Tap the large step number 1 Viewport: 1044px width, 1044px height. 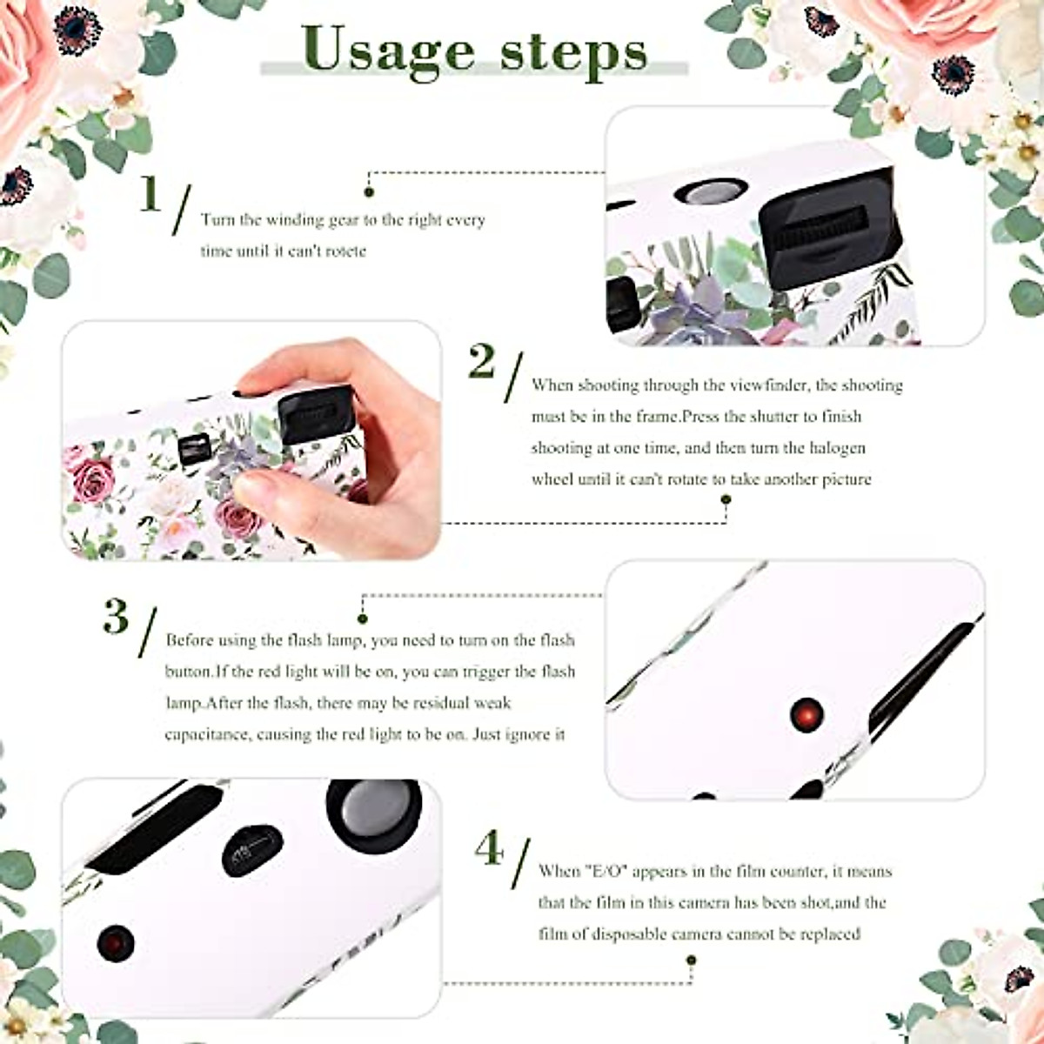point(151,195)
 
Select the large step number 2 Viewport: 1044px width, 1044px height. point(481,361)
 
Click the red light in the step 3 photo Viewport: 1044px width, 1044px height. point(806,714)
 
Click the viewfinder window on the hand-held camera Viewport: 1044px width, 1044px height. point(192,447)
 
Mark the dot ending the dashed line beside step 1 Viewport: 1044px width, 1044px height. point(369,191)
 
